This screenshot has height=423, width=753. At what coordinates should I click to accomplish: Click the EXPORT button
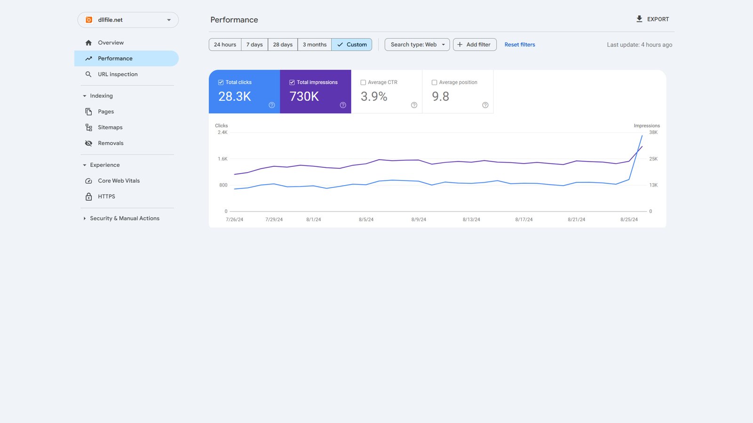[x=652, y=19]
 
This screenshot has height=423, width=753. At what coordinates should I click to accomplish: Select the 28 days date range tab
[x=282, y=45]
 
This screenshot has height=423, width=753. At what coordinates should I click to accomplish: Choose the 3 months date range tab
[x=314, y=45]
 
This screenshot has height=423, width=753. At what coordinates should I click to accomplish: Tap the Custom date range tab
[x=352, y=45]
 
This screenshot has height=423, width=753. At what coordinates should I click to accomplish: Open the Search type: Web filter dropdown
[x=417, y=45]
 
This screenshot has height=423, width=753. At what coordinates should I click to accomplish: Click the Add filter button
[x=474, y=45]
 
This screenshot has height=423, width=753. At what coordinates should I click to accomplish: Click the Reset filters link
[x=520, y=45]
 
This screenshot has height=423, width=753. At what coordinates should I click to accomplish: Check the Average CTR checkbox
[x=363, y=83]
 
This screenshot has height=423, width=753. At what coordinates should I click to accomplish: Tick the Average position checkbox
[x=434, y=83]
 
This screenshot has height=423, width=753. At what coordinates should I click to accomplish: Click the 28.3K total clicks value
[x=234, y=96]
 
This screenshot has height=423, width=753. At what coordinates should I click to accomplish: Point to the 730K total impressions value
[x=304, y=96]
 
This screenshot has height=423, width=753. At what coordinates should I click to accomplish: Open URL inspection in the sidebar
[x=118, y=74]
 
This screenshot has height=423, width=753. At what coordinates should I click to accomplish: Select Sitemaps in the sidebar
[x=110, y=127]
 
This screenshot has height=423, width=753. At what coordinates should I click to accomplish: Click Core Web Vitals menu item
[x=119, y=181]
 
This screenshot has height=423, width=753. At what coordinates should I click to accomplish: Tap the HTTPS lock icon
[x=88, y=196]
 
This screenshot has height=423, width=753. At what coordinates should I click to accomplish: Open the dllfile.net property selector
[x=128, y=20]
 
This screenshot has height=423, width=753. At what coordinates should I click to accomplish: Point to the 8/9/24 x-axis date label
[x=418, y=219]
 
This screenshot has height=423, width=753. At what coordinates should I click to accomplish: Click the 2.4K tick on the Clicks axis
[x=223, y=133]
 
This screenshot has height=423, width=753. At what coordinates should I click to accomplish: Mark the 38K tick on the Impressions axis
[x=653, y=133]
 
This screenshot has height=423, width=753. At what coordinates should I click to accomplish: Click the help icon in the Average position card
[x=485, y=105]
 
